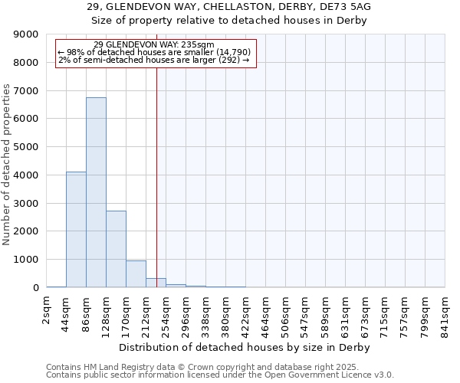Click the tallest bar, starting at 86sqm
[96, 192]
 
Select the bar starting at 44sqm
[76, 230]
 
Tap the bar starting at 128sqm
[116, 249]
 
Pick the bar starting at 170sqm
[136, 274]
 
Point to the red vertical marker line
[156, 169]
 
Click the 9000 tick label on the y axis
[26, 34]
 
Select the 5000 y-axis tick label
[26, 147]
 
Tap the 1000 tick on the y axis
[26, 260]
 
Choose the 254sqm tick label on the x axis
[166, 314]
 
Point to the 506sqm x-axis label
[286, 314]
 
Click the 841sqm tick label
[445, 314]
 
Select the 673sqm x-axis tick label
[366, 314]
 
